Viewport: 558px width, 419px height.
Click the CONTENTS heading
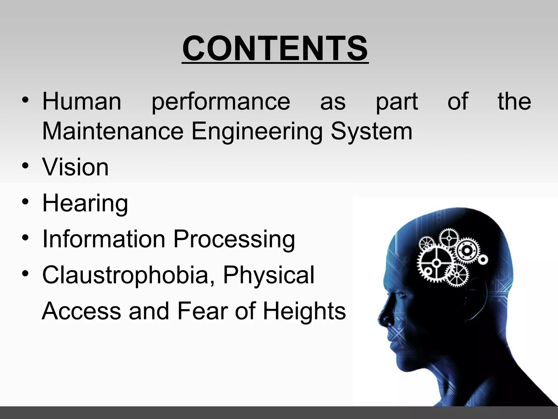coord(275,49)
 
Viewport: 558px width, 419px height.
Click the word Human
coord(82,101)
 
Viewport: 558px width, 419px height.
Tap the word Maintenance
coord(113,131)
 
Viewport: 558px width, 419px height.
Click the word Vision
coord(75,167)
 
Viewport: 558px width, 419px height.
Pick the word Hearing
coord(85,203)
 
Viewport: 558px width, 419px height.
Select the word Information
coord(104,239)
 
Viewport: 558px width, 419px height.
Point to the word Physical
coord(269,275)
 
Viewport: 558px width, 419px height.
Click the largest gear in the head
coord(436,263)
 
